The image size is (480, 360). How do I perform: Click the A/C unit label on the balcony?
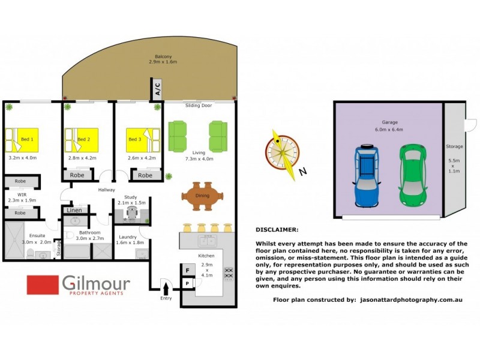(157, 89)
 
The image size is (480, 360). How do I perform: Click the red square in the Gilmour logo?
(41, 286)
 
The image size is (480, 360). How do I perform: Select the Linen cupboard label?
(74, 210)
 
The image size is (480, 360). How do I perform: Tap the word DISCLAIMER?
(276, 229)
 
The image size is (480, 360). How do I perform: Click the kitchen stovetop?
(229, 273)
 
